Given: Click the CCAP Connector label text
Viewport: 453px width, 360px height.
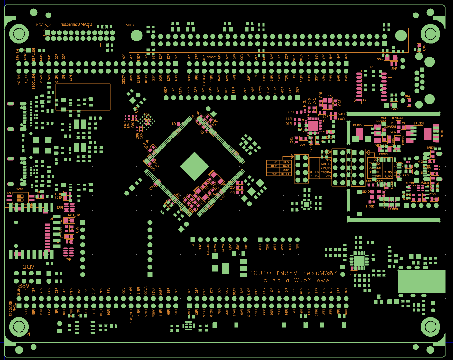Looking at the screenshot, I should point(77,24).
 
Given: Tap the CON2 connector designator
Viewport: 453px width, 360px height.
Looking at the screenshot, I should point(131,25).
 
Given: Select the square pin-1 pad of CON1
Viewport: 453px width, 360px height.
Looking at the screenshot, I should point(48,33).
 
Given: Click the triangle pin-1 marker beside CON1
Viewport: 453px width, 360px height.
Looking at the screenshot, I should point(48,25).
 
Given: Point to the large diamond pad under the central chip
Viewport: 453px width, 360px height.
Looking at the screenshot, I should point(194,166).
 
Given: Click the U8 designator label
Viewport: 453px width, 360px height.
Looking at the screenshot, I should point(372,67).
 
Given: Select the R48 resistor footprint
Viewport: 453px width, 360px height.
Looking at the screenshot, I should point(409,102).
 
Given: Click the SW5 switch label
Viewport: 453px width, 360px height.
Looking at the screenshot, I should point(19,189).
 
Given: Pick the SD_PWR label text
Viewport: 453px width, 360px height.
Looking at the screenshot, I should point(73,215).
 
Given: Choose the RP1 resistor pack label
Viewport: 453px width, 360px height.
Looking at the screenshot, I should point(68,259).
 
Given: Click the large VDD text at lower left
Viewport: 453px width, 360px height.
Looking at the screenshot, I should point(28,267).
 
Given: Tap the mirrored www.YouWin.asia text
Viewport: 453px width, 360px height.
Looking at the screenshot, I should point(296,280).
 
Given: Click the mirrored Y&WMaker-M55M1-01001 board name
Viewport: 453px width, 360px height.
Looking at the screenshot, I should point(293,273).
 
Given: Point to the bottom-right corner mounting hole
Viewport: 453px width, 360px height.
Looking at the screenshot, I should point(430,327).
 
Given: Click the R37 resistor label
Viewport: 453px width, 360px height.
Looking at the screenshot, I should point(291,112).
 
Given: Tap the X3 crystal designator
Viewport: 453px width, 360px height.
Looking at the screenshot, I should point(329,96).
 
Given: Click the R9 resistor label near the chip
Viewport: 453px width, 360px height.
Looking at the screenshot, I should point(232,193).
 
